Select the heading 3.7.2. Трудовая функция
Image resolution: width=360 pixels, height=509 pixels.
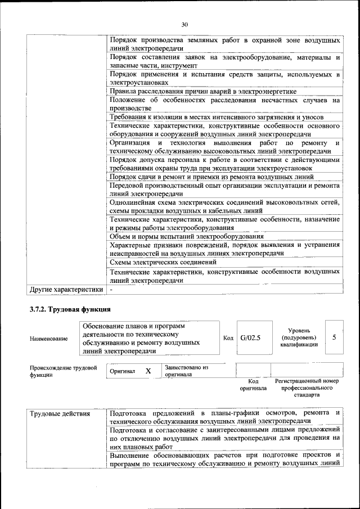pos(70,309)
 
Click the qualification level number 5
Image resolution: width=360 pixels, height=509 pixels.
pos(334,337)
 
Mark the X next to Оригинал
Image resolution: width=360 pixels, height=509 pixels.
pos(148,371)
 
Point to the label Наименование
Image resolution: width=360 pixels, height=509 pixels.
pos(48,339)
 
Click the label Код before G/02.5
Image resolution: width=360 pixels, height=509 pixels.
pos(228,337)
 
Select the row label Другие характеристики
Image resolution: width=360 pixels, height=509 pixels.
pos(66,289)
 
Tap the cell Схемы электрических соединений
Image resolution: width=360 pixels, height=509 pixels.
pos(164,262)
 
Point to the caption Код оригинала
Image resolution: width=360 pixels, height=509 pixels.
pos(253,385)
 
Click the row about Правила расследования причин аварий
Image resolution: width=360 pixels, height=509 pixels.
pos(202,91)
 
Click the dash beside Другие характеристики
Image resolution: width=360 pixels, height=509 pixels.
pos(111,289)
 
